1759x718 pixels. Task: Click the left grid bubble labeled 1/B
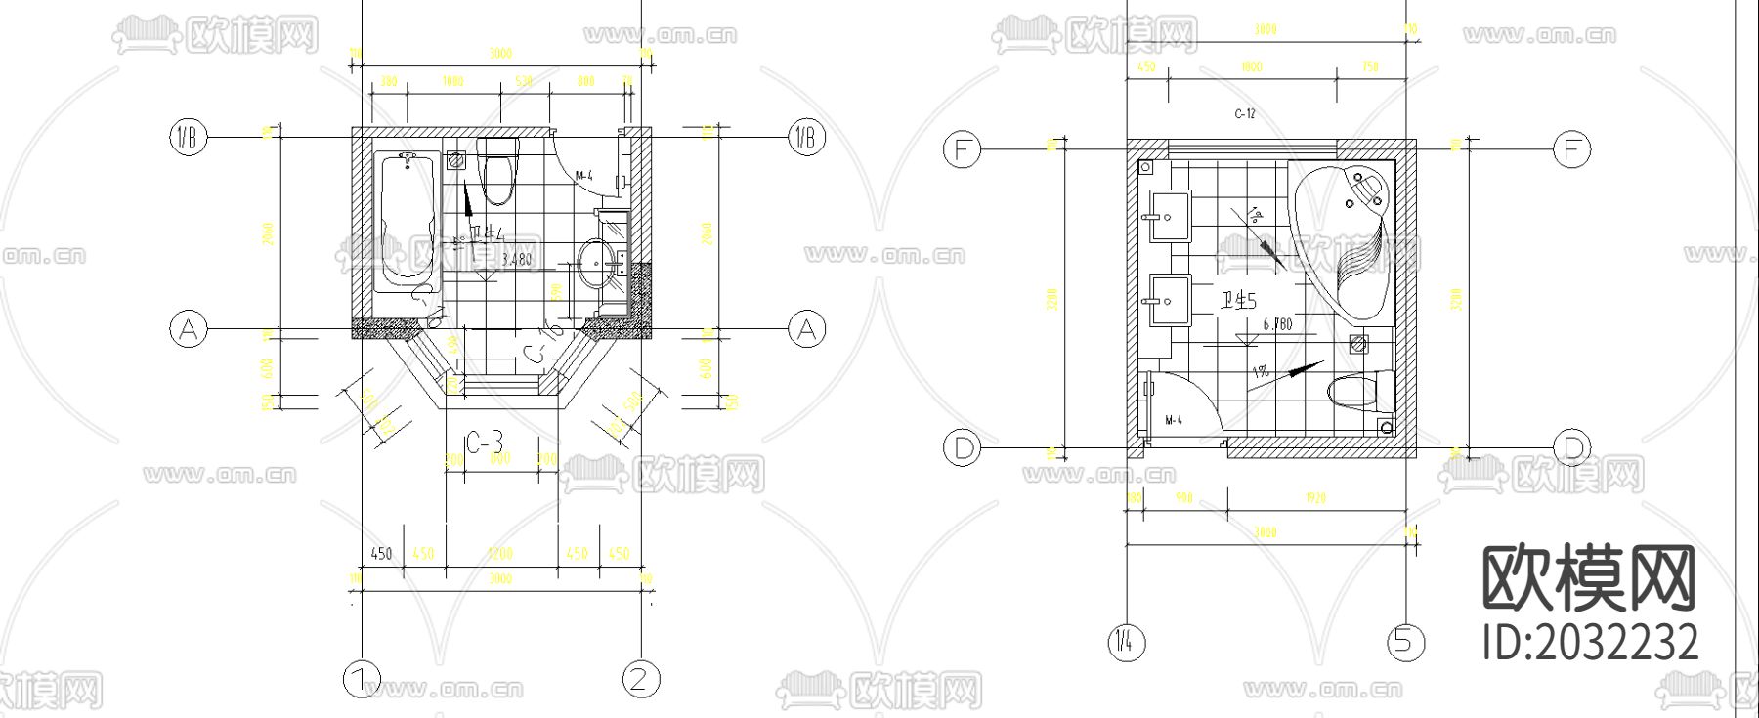(x=189, y=138)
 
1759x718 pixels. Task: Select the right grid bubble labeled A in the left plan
(x=806, y=329)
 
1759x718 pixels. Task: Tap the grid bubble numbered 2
(x=641, y=679)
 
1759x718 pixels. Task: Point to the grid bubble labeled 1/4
(x=1127, y=642)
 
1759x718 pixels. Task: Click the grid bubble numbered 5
(x=1405, y=642)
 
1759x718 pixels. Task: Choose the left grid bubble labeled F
(x=962, y=149)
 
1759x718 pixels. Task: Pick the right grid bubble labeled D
(x=1571, y=448)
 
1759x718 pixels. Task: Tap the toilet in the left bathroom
(x=497, y=170)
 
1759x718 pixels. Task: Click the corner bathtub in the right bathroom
(x=1344, y=239)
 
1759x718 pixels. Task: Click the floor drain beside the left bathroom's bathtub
(x=456, y=161)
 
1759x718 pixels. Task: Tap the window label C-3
(x=484, y=443)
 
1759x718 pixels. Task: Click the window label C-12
(x=1245, y=114)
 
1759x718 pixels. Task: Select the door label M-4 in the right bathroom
(x=1174, y=420)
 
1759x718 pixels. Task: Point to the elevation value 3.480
(x=516, y=260)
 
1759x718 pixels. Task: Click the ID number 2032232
(x=1590, y=643)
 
